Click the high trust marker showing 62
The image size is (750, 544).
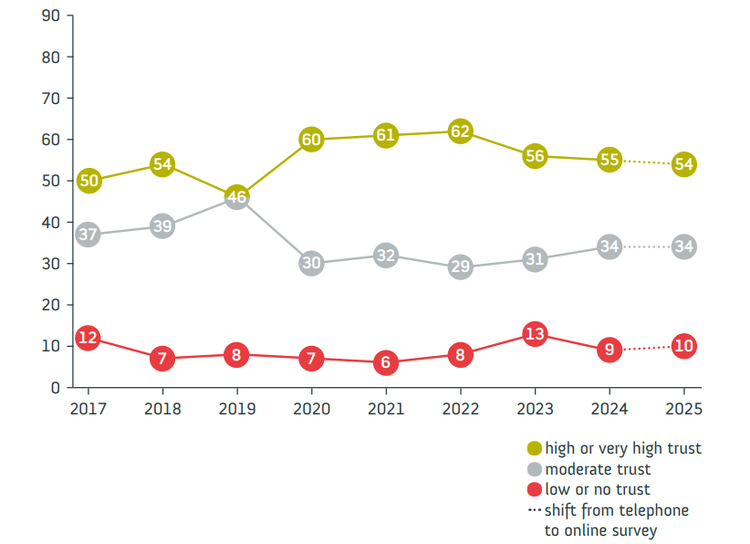coord(460,131)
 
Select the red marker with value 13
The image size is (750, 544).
coord(535,334)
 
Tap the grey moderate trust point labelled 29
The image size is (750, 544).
coord(460,267)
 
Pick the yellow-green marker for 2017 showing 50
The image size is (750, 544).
coord(88,181)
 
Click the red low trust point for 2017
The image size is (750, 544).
coord(88,338)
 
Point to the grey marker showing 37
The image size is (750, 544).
coord(88,235)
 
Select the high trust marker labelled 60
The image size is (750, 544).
coord(311,140)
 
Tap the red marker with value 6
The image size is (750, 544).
coord(386,362)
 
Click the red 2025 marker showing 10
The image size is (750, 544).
coord(683,346)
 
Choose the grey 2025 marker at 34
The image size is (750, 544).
coord(683,246)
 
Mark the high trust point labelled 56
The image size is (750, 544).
coord(535,156)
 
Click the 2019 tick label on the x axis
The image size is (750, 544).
coord(236,411)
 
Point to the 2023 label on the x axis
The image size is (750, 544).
coord(535,411)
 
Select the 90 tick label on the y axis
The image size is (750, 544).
coord(51,16)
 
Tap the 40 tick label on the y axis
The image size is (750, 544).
coord(51,222)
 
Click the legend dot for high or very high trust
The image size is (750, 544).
coord(535,448)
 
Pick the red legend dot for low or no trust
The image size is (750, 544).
coord(535,490)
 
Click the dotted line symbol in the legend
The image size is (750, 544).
coord(535,510)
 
